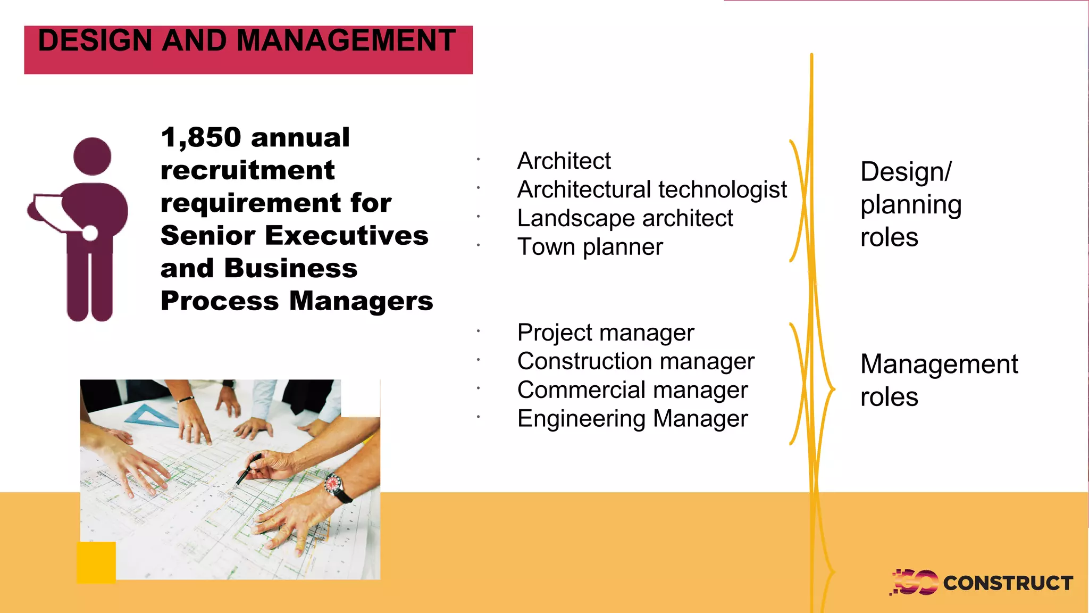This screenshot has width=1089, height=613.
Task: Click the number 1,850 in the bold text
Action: [201, 137]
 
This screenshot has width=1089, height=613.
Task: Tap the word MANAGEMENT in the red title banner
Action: [346, 40]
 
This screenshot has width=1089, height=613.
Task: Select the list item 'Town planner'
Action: [590, 247]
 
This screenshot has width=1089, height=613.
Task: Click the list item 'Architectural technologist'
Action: [651, 189]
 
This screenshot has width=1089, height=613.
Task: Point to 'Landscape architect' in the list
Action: [625, 218]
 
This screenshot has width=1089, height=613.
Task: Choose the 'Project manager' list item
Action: [605, 333]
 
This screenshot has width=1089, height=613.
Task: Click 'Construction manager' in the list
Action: [635, 362]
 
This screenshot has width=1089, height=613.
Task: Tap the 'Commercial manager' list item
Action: [632, 391]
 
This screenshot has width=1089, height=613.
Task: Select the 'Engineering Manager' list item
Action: [632, 419]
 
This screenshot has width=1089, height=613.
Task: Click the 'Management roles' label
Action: [939, 380]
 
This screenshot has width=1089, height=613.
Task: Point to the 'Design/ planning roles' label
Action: [910, 204]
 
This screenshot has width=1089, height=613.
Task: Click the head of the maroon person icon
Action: [93, 156]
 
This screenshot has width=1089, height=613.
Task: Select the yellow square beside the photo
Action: [96, 562]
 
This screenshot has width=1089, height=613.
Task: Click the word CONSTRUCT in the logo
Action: [1008, 583]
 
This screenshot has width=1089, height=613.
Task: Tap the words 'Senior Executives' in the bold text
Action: [294, 236]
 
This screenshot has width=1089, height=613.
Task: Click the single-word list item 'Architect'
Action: [564, 161]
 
